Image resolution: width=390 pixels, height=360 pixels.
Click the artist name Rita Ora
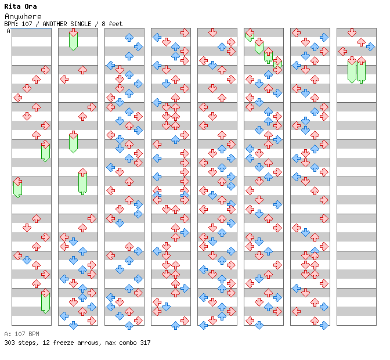[21, 6]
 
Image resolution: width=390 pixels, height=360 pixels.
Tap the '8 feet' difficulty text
[111, 24]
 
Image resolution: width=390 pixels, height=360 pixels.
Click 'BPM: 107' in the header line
[17, 24]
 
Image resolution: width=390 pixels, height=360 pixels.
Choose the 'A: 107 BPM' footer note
[21, 334]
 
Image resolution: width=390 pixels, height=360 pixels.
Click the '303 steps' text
[18, 343]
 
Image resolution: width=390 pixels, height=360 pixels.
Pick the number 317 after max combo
[144, 343]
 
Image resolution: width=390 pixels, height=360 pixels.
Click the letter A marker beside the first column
[8, 31]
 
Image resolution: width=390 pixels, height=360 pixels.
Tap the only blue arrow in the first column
[27, 260]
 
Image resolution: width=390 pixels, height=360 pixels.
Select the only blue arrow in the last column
[370, 46]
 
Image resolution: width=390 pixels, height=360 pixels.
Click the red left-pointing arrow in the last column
[342, 51]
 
